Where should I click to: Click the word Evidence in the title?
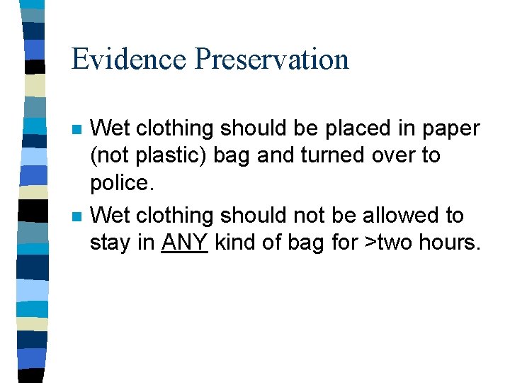[128, 59]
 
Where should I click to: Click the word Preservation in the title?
[271, 59]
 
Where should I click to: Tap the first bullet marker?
[76, 131]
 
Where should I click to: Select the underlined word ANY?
[184, 243]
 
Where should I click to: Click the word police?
[122, 182]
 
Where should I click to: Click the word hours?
[449, 243]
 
